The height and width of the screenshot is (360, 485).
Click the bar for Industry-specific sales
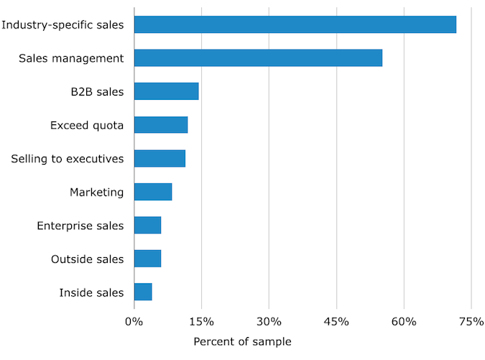point(295,24)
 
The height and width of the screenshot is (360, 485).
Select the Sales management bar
point(258,58)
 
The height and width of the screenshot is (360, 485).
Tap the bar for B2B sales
point(166,91)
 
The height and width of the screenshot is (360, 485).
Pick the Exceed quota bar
point(161,125)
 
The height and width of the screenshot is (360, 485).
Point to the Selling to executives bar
point(160,158)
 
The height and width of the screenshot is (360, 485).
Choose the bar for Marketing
point(153,192)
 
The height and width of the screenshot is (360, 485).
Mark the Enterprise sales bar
point(147,225)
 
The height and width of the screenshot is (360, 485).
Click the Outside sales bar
point(147,259)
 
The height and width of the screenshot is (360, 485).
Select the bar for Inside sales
point(143,292)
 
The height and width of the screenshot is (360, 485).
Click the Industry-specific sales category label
point(63,25)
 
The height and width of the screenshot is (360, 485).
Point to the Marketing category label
point(96,192)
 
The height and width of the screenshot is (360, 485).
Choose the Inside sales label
point(92,292)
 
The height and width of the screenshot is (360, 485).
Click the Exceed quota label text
point(87,125)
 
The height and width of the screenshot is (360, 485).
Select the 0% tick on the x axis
point(134,321)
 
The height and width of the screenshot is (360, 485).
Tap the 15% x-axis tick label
point(201,321)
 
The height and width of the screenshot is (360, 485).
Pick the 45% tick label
point(336,321)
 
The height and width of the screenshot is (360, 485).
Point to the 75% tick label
point(471,321)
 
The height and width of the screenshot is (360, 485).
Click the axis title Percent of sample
point(242,341)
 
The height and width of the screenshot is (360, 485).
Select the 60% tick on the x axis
point(404,321)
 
